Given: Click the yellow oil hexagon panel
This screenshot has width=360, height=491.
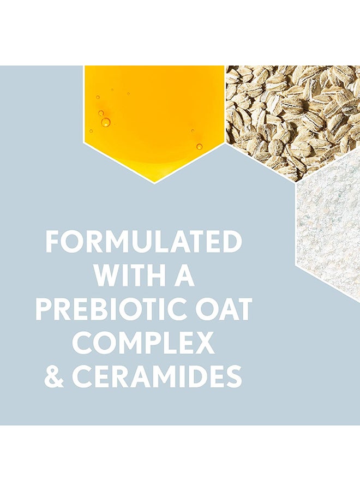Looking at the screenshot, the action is pyautogui.click(x=154, y=119).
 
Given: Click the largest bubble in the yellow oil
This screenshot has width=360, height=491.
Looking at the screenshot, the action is pyautogui.click(x=105, y=122).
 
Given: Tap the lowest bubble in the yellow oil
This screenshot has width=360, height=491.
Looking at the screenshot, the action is pyautogui.click(x=199, y=146).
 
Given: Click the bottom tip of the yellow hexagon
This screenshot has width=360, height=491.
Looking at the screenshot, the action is pyautogui.click(x=154, y=184).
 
